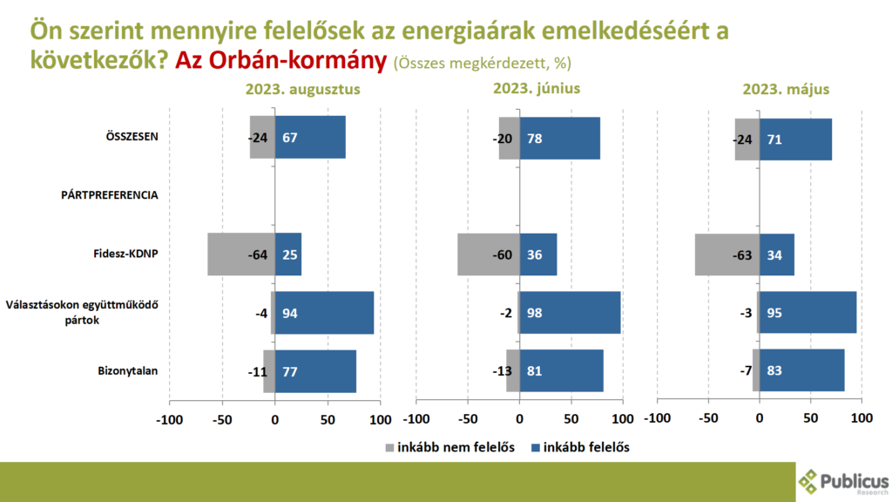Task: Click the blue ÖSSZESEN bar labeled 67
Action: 310,137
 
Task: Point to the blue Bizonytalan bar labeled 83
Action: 802,370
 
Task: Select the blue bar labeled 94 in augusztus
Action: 324,312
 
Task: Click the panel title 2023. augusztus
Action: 302,89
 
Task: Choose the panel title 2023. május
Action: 786,89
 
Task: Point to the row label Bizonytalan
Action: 127,370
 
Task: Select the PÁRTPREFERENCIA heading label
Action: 110,195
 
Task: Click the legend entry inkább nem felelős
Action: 449,447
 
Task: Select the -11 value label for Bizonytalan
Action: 257,371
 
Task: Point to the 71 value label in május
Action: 773,138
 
